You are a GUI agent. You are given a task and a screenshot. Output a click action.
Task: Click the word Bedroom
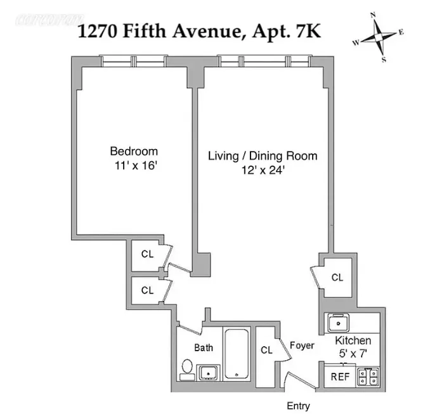(x=134, y=152)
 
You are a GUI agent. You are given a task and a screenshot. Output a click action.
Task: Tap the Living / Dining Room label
(x=263, y=156)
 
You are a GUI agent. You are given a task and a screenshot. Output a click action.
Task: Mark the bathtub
(x=236, y=353)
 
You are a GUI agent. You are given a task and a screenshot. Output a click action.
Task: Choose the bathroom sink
(x=208, y=372)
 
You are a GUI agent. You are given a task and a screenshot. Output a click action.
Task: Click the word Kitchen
(x=353, y=341)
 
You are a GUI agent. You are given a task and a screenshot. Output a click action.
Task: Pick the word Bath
(x=204, y=347)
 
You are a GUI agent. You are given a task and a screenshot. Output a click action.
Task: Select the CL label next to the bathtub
(x=266, y=350)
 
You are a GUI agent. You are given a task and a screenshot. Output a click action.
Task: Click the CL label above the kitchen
(x=337, y=278)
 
